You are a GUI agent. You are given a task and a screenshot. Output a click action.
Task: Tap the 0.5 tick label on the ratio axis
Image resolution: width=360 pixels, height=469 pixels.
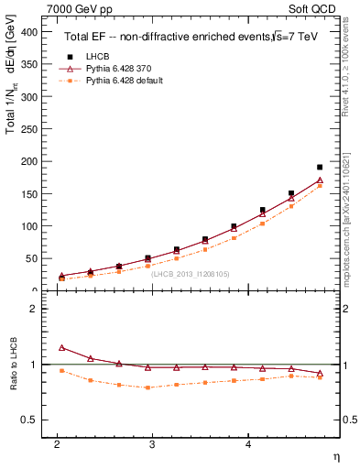[28, 420]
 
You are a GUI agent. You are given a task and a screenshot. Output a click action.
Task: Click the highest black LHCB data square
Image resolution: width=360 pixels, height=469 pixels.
[320, 168]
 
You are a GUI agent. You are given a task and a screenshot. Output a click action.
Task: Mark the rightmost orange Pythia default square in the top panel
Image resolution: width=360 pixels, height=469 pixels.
[320, 186]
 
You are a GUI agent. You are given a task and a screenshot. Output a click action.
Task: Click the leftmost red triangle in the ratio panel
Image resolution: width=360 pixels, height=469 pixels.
[61, 348]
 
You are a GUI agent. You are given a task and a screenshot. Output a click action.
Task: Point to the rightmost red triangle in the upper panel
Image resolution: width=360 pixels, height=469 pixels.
[320, 180]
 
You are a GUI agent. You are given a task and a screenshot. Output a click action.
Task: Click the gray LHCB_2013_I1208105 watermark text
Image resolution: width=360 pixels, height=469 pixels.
[191, 273]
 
